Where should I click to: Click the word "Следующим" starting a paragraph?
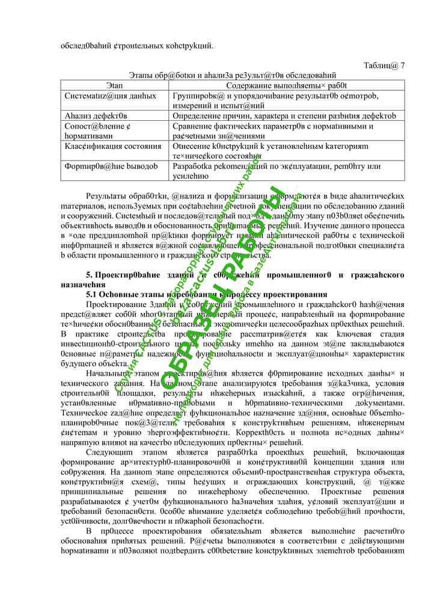(x=107, y=452)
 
